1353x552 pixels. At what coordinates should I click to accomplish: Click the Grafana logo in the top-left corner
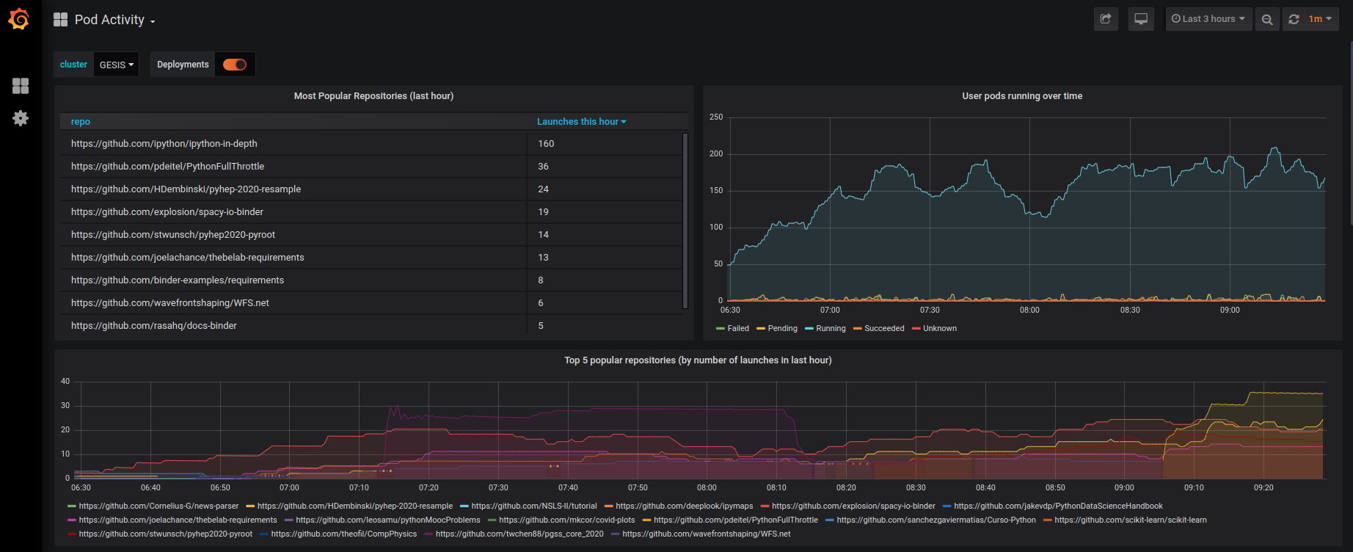point(19,19)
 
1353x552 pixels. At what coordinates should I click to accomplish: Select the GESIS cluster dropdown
point(116,65)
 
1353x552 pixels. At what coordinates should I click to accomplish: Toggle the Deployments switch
point(235,65)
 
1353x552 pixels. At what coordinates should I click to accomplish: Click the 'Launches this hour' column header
point(580,122)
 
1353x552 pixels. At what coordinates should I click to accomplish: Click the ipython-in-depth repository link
point(164,144)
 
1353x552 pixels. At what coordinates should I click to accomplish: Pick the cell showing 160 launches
point(546,144)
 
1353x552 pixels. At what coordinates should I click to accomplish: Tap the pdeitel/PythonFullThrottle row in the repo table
point(167,167)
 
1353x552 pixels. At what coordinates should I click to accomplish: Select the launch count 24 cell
point(543,189)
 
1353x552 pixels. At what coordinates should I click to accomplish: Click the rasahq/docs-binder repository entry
point(153,326)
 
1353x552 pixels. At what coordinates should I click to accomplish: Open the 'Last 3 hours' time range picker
point(1208,19)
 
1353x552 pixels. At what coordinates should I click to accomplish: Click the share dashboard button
point(1106,19)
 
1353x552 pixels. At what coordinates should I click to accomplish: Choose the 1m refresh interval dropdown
point(1319,19)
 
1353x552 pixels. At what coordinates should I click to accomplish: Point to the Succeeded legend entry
point(883,329)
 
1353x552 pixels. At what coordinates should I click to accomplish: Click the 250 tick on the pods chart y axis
point(716,117)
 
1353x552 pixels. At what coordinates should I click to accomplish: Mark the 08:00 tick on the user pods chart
point(1029,310)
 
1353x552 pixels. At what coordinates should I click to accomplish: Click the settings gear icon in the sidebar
point(21,118)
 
